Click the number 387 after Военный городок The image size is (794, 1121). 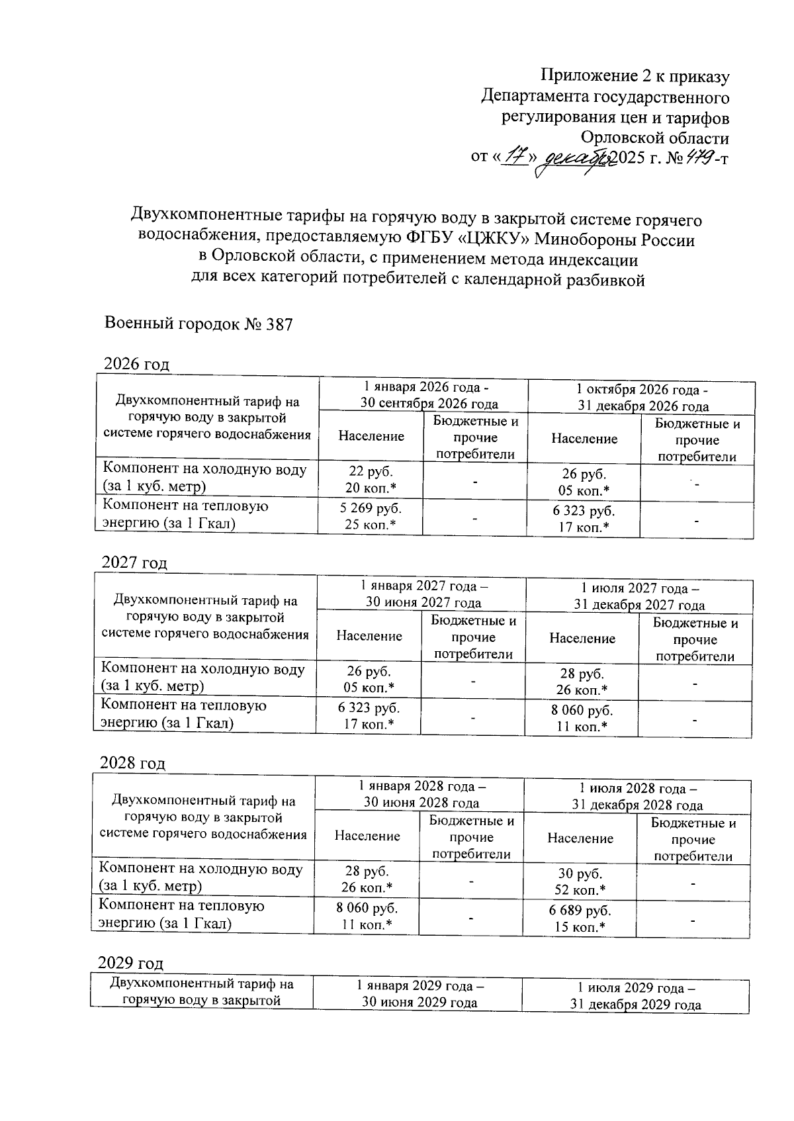pos(279,324)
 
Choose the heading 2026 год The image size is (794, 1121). pos(137,364)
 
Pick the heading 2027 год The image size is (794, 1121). pos(135,562)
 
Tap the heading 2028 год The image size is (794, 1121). pos(132,762)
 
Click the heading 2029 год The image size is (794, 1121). pos(131,962)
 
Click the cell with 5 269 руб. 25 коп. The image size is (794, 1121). pos(371,516)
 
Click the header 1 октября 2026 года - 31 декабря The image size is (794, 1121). pos(642,398)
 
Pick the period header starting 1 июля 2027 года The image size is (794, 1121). pos(639,596)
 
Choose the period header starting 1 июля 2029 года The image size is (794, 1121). pos(636,996)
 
